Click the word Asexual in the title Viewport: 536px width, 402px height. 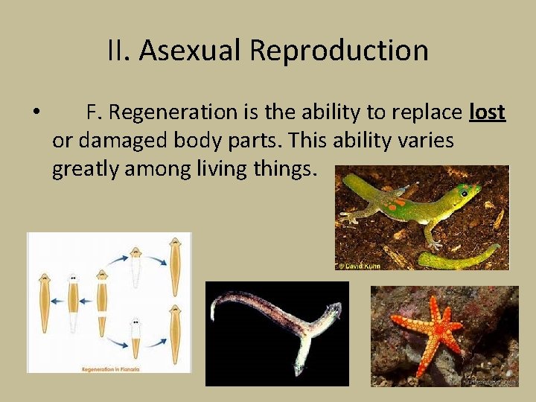(x=191, y=51)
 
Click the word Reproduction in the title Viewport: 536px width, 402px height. (x=339, y=51)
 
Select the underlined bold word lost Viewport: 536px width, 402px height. (x=488, y=112)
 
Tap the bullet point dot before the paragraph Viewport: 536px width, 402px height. (x=36, y=113)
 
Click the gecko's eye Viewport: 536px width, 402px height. (x=465, y=193)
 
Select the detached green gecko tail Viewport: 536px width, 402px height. (x=457, y=258)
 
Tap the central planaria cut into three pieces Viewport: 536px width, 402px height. (x=102, y=301)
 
